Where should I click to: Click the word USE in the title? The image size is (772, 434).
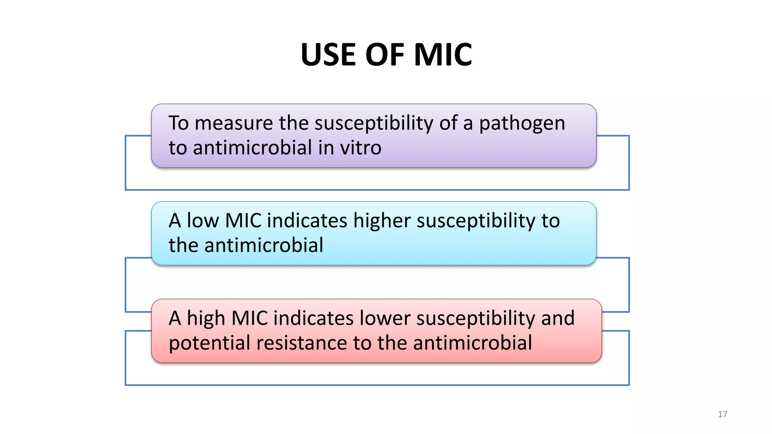(x=328, y=55)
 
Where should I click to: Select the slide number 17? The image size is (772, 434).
(x=722, y=414)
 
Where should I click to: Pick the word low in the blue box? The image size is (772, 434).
(x=203, y=221)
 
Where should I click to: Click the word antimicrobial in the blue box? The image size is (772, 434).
(x=264, y=246)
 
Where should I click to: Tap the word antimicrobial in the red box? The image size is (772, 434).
(x=472, y=343)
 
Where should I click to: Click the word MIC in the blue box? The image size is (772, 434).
(x=243, y=221)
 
